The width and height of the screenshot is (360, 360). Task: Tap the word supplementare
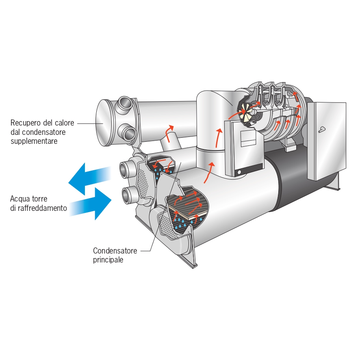34,141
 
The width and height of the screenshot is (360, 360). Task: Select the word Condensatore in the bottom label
115,250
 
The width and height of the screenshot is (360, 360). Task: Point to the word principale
108,260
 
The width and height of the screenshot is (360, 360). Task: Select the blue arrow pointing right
91,204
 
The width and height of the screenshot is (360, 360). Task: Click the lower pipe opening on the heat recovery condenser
128,133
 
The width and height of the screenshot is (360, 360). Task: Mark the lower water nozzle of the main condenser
128,195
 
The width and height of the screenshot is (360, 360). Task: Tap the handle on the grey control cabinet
322,130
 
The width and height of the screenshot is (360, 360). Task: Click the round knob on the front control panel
239,172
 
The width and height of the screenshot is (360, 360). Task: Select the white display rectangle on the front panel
248,139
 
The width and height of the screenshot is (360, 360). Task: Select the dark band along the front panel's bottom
249,169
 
